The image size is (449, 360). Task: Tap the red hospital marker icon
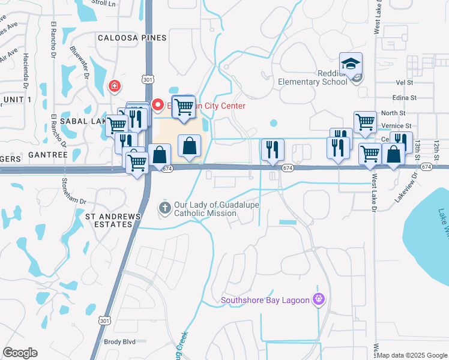click(x=113, y=87)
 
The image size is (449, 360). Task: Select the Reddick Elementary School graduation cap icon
click(x=351, y=63)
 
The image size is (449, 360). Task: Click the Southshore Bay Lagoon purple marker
click(x=319, y=299)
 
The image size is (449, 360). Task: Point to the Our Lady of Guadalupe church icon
click(x=164, y=208)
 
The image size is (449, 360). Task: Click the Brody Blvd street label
click(x=120, y=341)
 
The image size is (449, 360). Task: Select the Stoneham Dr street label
click(x=64, y=192)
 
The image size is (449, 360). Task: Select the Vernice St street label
click(x=400, y=126)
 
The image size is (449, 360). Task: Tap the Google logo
click(x=20, y=353)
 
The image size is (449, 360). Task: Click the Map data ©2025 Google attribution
click(x=412, y=355)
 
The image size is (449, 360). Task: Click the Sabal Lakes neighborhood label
click(x=89, y=121)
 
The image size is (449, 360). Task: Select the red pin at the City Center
click(x=158, y=105)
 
